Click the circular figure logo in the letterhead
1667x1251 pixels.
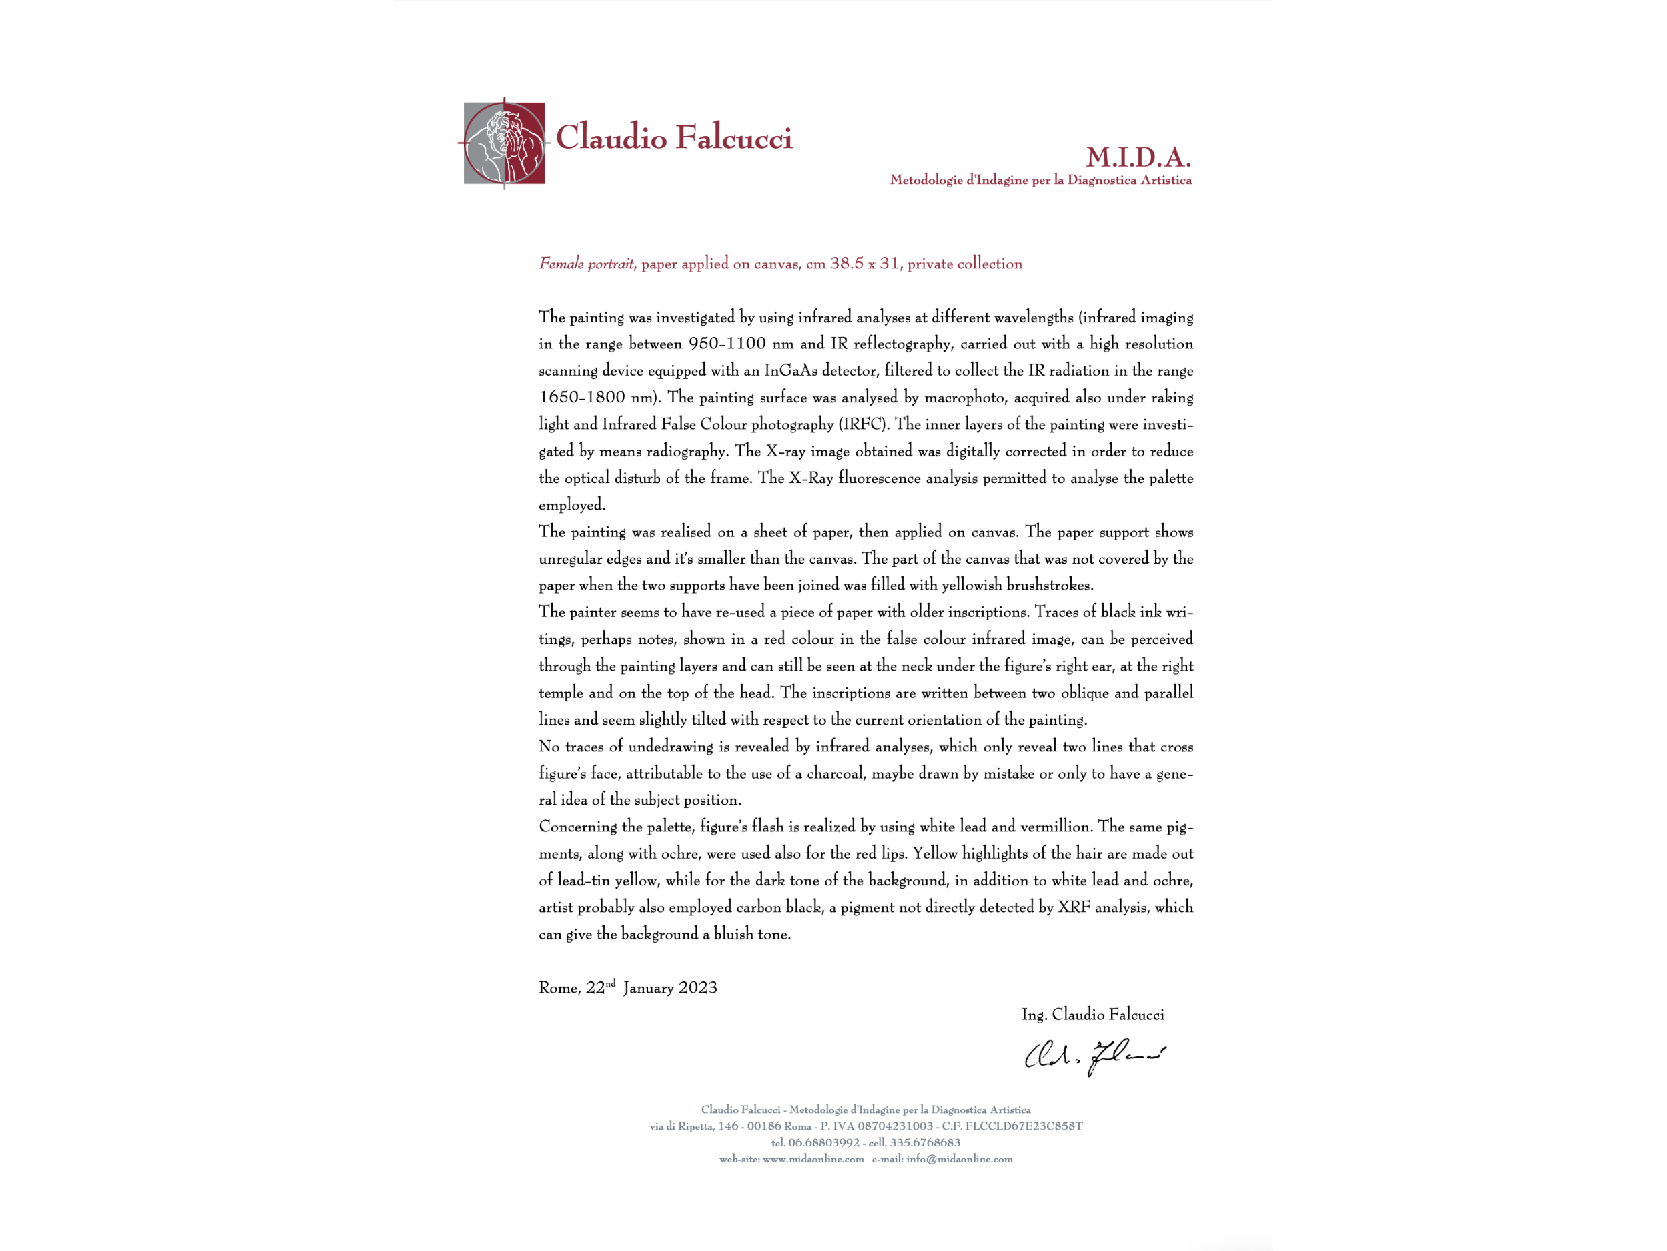point(504,143)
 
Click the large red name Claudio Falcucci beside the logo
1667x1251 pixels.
point(673,138)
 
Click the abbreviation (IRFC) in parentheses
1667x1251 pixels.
point(864,424)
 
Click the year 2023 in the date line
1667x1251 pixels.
point(698,989)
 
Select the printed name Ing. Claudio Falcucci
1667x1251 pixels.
point(1092,1015)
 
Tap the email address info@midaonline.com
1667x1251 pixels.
point(959,1159)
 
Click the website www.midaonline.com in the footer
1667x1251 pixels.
point(812,1159)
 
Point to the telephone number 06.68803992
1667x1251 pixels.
point(823,1142)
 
